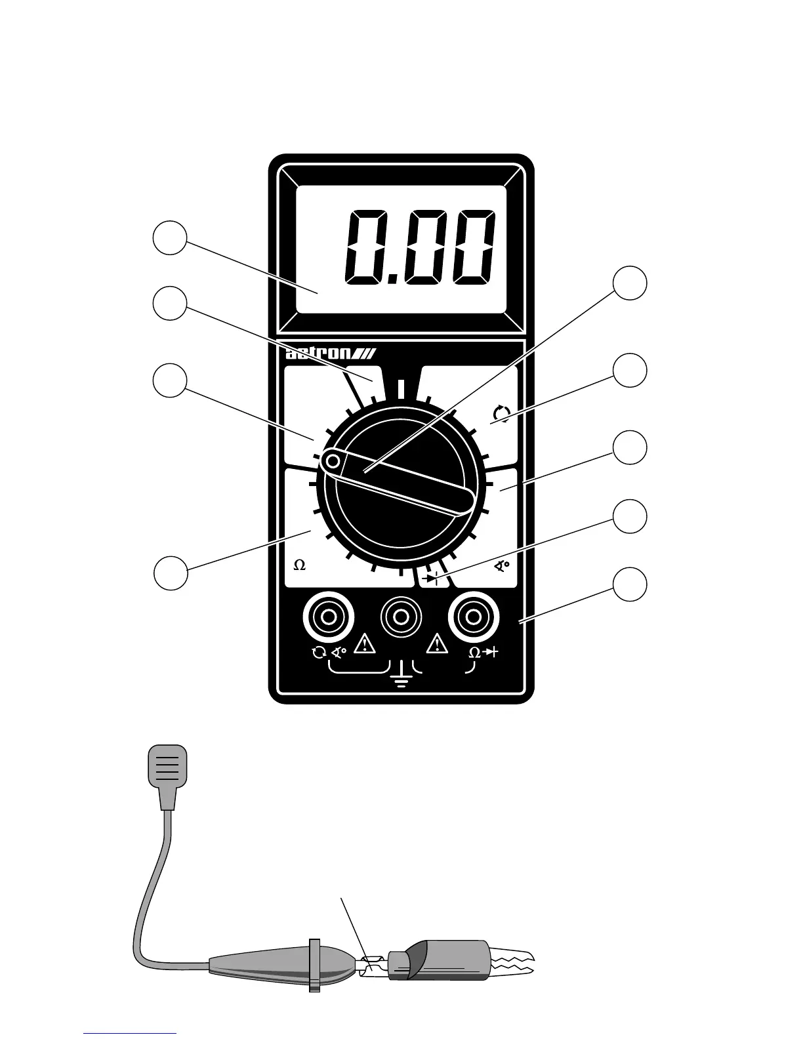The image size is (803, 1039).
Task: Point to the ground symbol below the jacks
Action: coord(401,675)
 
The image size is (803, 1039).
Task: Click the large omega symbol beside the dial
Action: coord(300,565)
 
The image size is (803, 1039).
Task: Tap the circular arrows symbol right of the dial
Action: coord(501,413)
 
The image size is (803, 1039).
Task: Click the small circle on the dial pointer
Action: coord(333,462)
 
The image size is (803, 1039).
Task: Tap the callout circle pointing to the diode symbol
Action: coord(630,516)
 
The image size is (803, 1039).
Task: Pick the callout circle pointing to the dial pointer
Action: coord(630,283)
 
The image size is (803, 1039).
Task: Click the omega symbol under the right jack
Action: coord(474,653)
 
